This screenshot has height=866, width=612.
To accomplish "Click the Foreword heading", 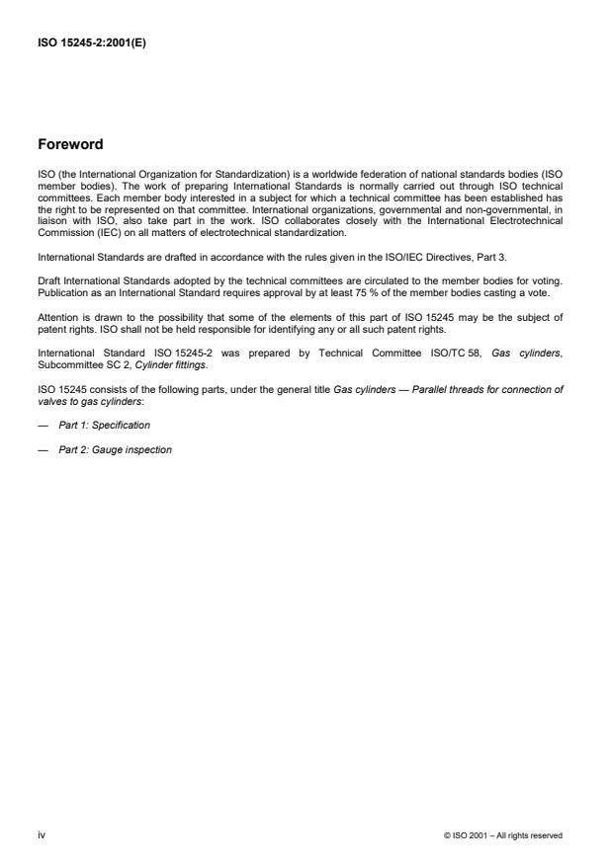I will click(69, 145).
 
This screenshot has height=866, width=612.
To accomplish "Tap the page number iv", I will click(41, 834).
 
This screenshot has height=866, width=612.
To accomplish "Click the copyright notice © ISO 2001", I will click(503, 835).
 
